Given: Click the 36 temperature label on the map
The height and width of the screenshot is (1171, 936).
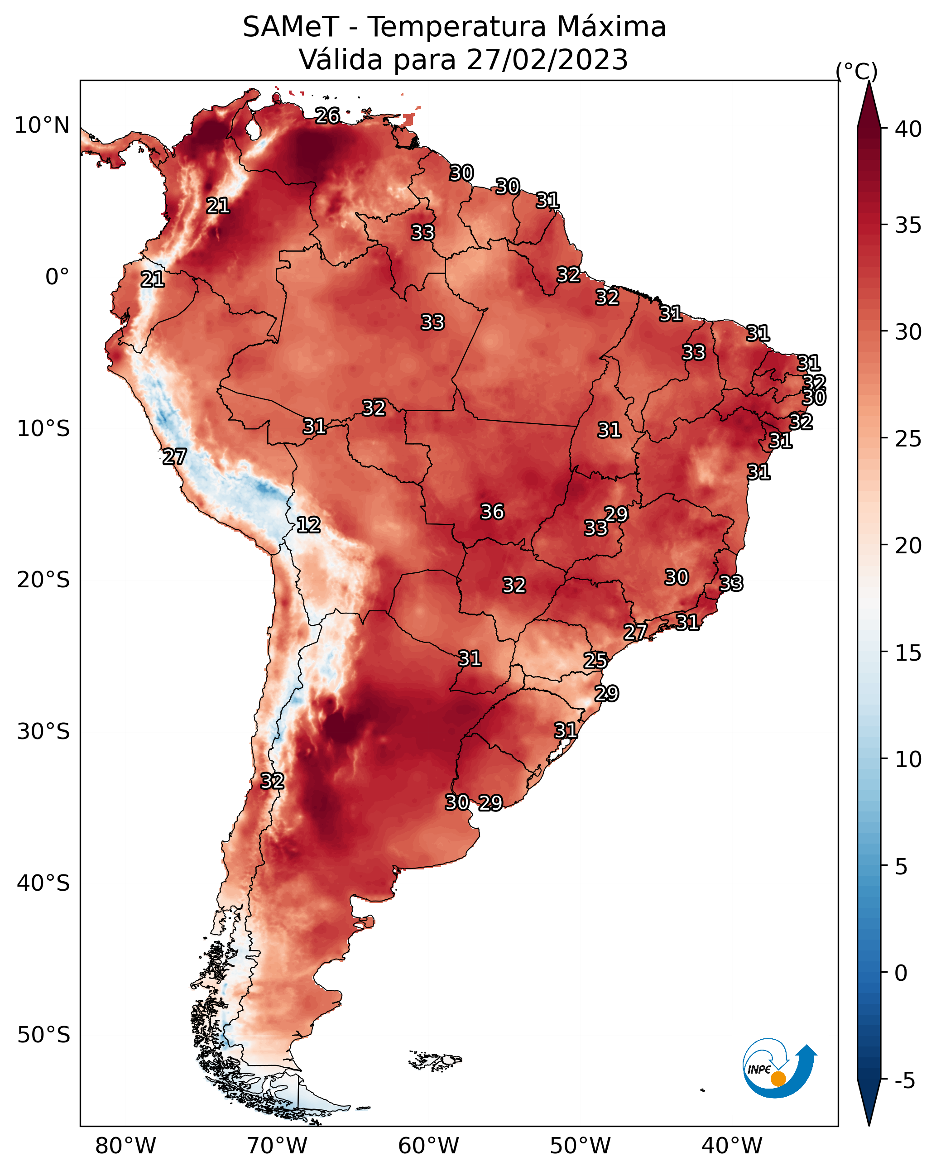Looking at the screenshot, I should point(492,512).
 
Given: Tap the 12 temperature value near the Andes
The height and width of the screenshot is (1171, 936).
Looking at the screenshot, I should point(308,525).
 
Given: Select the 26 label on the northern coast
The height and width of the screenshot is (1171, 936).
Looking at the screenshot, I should point(327,115).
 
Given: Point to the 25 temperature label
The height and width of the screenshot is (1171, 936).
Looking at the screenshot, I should point(595,661).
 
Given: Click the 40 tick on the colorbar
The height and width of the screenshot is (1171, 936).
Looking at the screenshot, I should point(908,129).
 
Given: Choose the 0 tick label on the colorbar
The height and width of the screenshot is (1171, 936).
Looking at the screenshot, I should point(901,973).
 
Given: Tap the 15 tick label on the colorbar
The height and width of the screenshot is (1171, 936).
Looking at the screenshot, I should point(908,653).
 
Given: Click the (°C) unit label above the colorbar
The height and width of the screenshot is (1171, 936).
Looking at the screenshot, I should point(857,71).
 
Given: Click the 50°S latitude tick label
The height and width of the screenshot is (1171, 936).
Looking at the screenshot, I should point(43,1035).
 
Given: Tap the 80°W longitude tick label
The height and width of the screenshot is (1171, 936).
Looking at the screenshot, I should point(125,1146).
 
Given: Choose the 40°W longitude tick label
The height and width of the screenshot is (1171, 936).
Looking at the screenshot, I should point(732,1146).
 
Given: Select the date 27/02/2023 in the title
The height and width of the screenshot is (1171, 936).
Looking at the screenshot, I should point(547,60).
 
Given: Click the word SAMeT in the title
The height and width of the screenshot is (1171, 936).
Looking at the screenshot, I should point(291,27).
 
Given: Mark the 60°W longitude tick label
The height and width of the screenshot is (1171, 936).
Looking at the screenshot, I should point(429,1146).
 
